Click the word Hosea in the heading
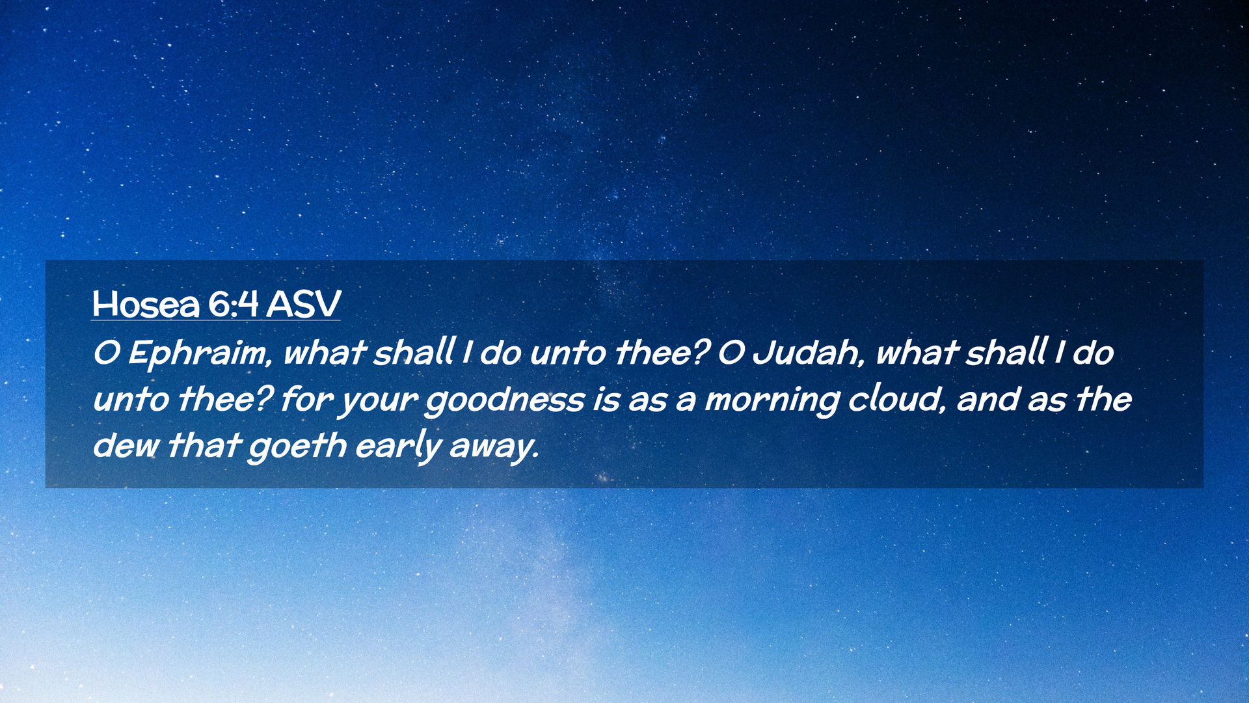point(146,303)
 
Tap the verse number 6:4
point(234,303)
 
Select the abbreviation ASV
point(303,303)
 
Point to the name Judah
point(806,352)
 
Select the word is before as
point(606,400)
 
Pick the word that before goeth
point(204,445)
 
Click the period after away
point(536,456)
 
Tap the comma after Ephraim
point(269,363)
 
